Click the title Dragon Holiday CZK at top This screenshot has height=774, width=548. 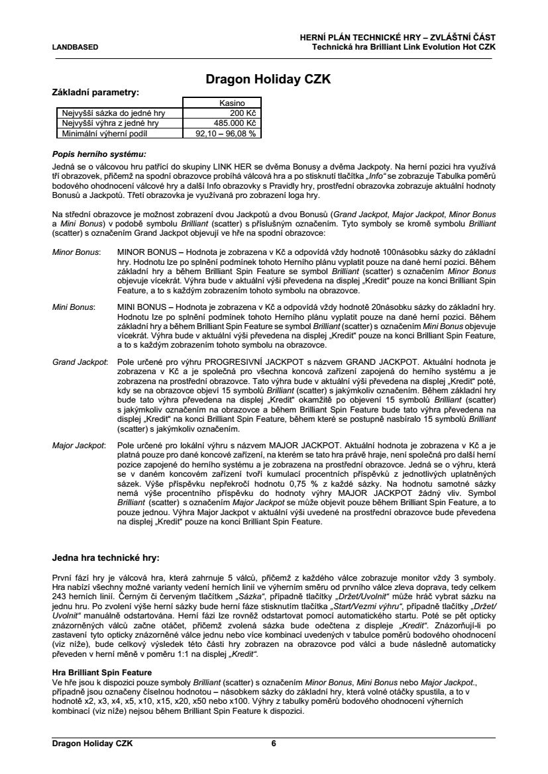(268, 80)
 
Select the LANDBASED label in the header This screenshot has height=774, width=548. (76, 47)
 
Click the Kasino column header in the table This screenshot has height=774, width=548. (232, 103)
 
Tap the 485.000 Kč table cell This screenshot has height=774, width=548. (234, 122)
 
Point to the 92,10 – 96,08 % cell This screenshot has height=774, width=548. (225, 132)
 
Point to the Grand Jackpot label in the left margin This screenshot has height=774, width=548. (80, 363)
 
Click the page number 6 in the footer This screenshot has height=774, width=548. (273, 744)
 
